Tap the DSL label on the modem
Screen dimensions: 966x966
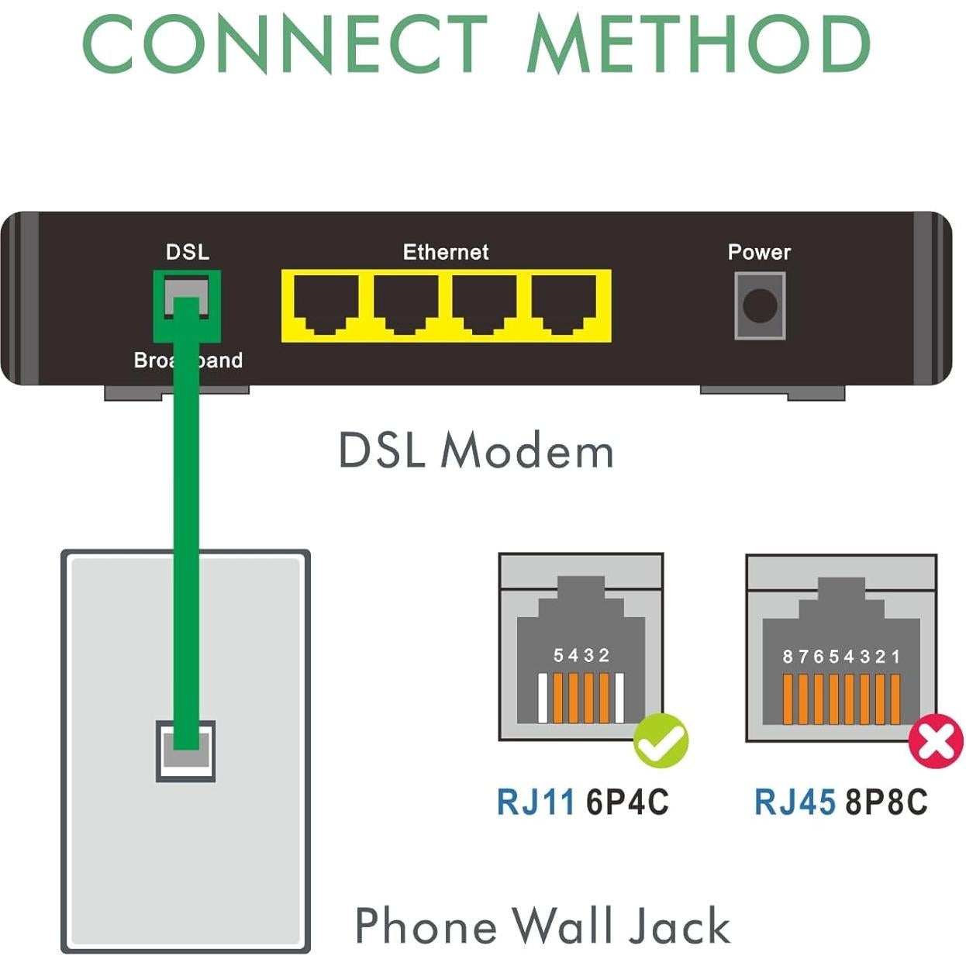pyautogui.click(x=188, y=252)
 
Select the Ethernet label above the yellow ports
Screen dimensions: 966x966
pyautogui.click(x=446, y=252)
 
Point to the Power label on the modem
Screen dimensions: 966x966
pyautogui.click(x=759, y=252)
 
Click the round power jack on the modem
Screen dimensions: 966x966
pyautogui.click(x=760, y=305)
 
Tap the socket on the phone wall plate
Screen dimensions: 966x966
pyautogui.click(x=186, y=750)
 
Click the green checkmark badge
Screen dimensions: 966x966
pyautogui.click(x=661, y=740)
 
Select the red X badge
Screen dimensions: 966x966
pyautogui.click(x=936, y=742)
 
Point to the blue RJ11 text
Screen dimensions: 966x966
pyautogui.click(x=536, y=802)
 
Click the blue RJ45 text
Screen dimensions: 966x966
pyautogui.click(x=795, y=802)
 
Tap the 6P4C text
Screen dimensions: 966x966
pyautogui.click(x=627, y=802)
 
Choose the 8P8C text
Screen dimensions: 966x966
pyautogui.click(x=886, y=802)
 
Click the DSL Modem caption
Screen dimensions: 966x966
pyautogui.click(x=476, y=451)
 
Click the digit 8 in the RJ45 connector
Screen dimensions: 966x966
pyautogui.click(x=788, y=657)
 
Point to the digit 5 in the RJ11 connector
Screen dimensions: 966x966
pyautogui.click(x=558, y=656)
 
